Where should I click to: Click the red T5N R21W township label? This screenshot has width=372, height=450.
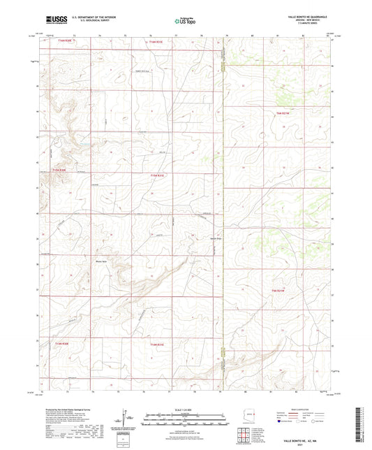pos(279,289)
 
